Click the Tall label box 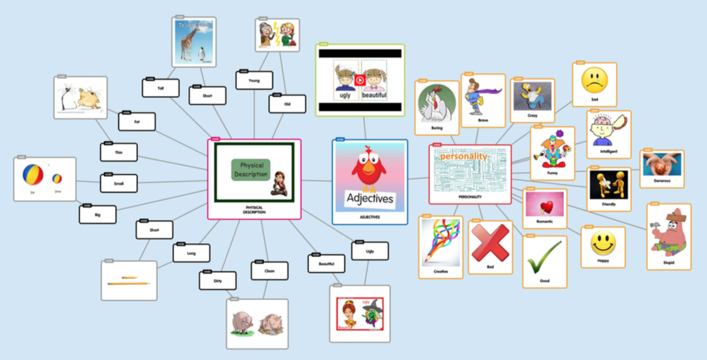[161, 88]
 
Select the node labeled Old [287, 104]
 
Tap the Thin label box [119, 152]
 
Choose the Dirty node [218, 280]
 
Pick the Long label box [195, 254]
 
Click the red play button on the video [360, 80]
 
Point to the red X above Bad [491, 242]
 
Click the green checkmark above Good [544, 257]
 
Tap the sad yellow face [595, 80]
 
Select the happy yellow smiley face [603, 242]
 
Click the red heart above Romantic [544, 206]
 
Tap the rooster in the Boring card [435, 104]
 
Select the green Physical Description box [250, 169]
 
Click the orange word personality [463, 157]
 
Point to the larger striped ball [33, 175]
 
